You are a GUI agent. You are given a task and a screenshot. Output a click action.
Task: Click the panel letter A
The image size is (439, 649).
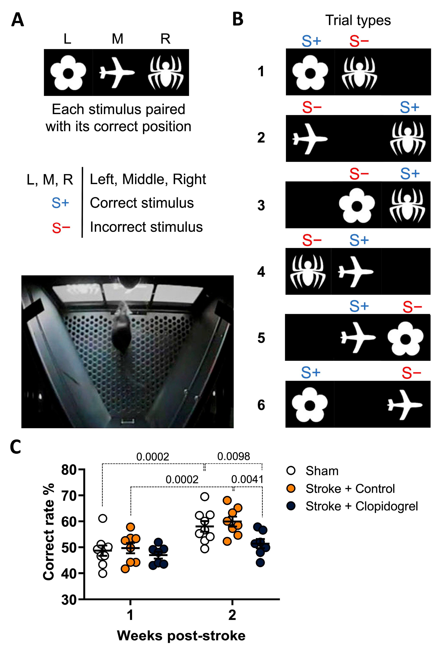[17, 20]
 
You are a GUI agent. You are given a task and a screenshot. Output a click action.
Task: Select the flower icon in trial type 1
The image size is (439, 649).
[310, 72]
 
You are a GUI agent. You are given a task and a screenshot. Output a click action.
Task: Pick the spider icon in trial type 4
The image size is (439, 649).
[308, 271]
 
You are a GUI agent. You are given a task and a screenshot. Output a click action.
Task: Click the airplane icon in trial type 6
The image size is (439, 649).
[405, 405]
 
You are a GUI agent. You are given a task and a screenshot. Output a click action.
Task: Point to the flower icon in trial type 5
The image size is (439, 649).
[405, 338]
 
